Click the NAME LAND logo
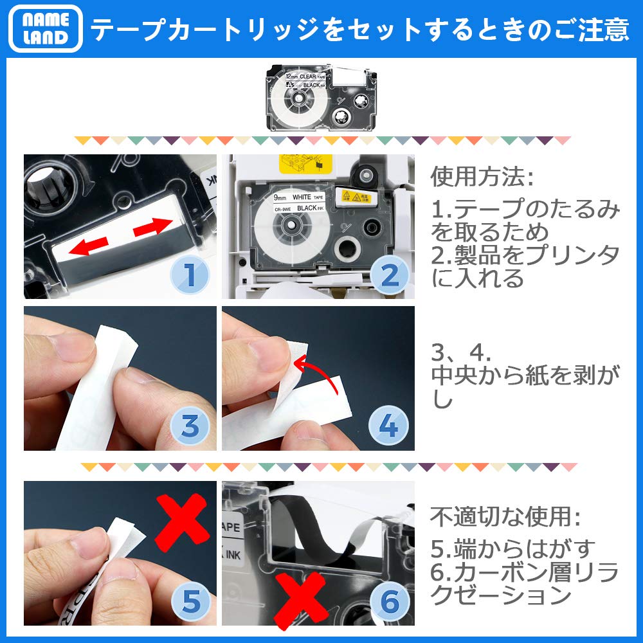pyautogui.click(x=45, y=29)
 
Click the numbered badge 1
pyautogui.click(x=189, y=275)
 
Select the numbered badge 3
pyautogui.click(x=189, y=427)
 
